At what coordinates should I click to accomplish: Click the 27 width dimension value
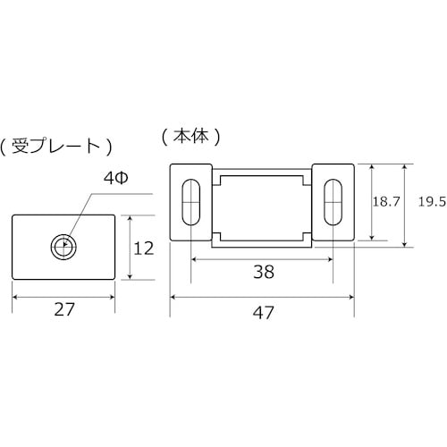(x=63, y=309)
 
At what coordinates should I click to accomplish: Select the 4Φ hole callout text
(x=117, y=179)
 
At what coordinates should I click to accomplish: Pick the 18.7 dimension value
(x=386, y=203)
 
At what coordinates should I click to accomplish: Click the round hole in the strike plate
(x=63, y=245)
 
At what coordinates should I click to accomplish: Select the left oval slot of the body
(x=190, y=203)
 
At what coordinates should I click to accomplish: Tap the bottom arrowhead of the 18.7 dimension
(x=367, y=240)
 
